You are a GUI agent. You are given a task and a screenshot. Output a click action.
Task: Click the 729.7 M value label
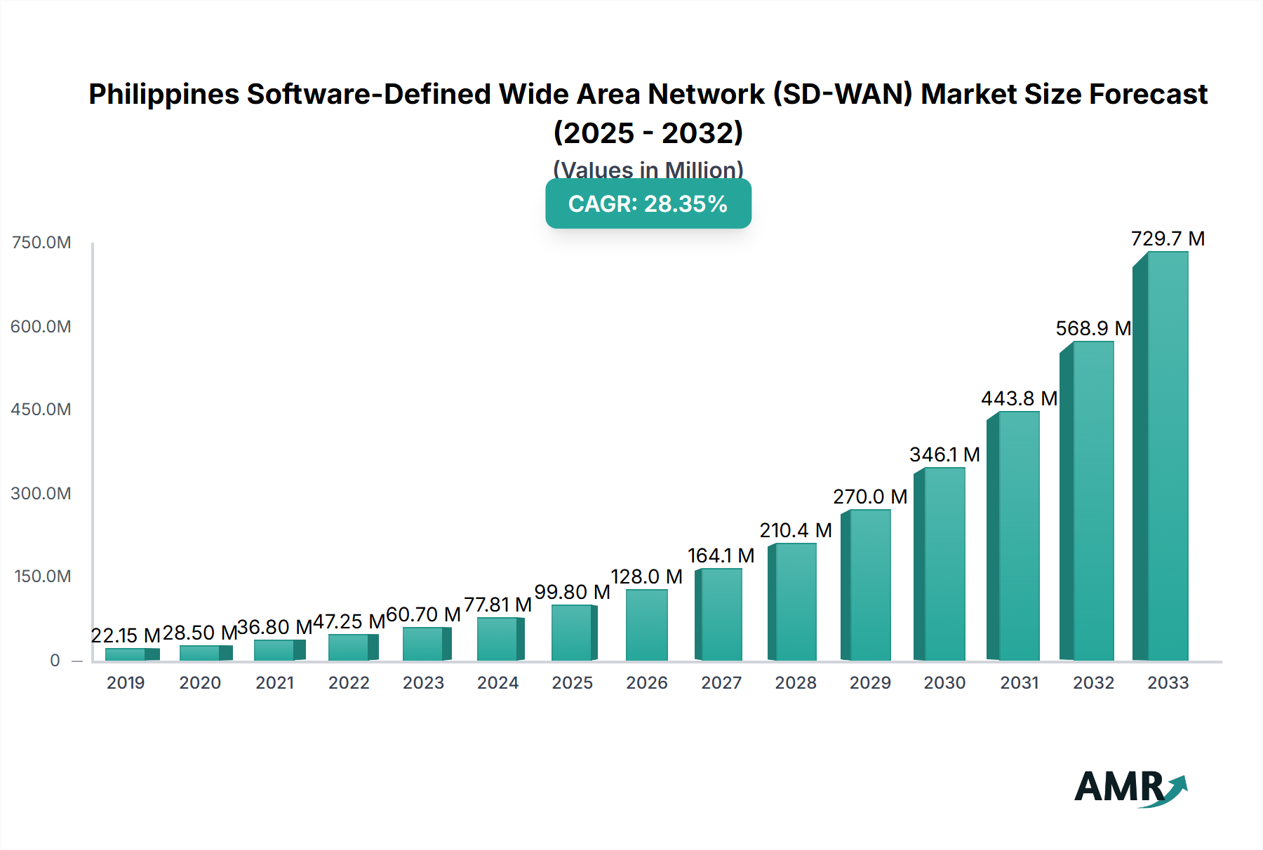pyautogui.click(x=1168, y=239)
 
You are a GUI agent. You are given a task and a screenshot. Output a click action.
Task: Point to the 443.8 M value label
pyautogui.click(x=1019, y=399)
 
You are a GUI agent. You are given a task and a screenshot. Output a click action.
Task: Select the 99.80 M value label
pyautogui.click(x=572, y=593)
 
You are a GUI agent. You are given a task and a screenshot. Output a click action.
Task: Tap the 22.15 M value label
pyautogui.click(x=126, y=635)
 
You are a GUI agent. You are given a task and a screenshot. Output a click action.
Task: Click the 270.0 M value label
pyautogui.click(x=870, y=497)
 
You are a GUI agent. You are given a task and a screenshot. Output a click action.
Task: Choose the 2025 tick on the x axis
pyautogui.click(x=572, y=683)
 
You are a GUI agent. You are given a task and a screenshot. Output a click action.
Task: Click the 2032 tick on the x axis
pyautogui.click(x=1093, y=683)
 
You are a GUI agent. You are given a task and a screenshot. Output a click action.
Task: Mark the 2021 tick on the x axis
pyautogui.click(x=274, y=683)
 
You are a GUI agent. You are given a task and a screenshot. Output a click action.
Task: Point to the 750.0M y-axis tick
pyautogui.click(x=41, y=243)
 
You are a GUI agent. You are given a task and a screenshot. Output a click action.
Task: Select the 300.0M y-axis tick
pyautogui.click(x=41, y=494)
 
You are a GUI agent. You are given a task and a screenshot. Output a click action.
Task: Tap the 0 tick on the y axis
pyautogui.click(x=55, y=661)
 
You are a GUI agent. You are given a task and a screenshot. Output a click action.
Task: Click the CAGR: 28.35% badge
pyautogui.click(x=648, y=204)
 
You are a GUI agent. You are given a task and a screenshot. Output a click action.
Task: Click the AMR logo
pyautogui.click(x=1130, y=788)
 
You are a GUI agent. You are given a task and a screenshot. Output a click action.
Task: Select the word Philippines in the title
pyautogui.click(x=163, y=95)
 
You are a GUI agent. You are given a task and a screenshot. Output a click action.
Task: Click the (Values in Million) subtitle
pyautogui.click(x=648, y=170)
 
